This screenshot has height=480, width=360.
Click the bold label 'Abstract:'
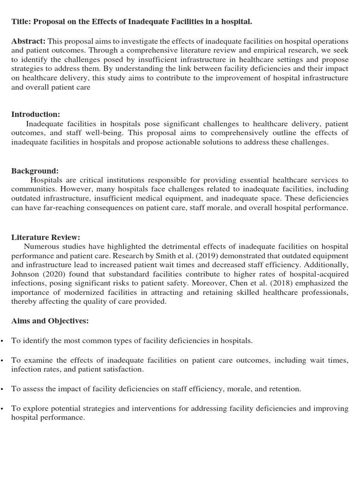28,41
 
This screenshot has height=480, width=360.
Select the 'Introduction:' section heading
36,114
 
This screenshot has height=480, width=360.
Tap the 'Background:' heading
35,171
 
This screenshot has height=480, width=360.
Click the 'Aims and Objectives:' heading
50,321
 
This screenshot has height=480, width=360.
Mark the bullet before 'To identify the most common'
2,341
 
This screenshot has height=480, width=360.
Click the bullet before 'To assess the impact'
2,389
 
